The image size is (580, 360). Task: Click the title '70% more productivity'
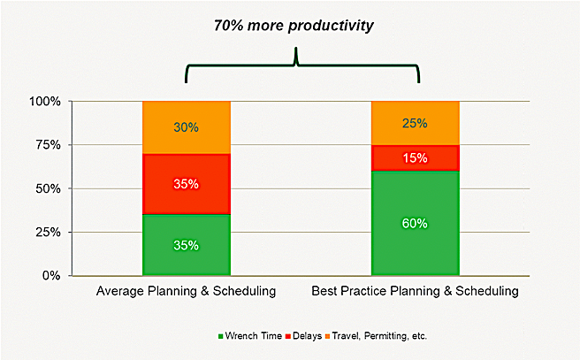294,27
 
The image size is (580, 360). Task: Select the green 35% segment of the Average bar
187,245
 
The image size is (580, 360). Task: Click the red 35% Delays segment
187,184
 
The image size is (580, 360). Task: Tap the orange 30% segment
187,127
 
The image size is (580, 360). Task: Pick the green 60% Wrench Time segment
416,223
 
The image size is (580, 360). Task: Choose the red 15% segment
416,158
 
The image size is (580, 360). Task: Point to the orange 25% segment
416,123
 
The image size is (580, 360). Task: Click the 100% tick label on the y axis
45,102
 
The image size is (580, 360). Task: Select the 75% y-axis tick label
48,145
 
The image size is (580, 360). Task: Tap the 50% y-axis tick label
48,188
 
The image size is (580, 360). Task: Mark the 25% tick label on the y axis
48,233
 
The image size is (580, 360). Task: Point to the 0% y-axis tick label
51,276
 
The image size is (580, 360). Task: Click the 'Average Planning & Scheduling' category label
186,291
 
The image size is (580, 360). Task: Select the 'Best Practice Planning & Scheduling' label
415,291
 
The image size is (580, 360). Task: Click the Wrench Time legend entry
250,336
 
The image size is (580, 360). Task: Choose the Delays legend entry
304,336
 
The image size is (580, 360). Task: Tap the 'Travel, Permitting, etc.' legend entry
376,336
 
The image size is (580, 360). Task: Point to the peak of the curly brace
295,48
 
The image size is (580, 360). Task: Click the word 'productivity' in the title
331,27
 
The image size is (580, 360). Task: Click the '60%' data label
415,223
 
